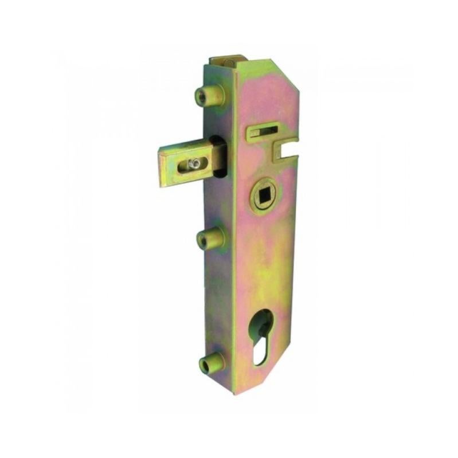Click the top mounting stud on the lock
(x=210, y=95)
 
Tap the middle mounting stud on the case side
(x=212, y=238)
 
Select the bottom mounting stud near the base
(x=210, y=362)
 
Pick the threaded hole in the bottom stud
(x=203, y=363)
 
